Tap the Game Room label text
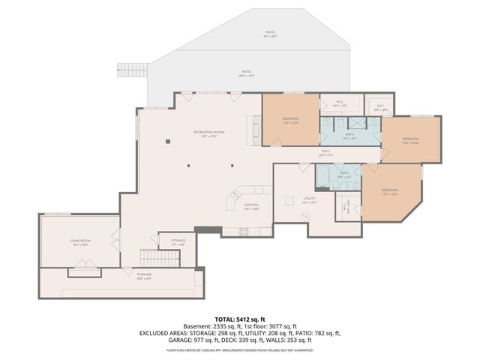[x=80, y=242]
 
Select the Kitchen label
[x=251, y=206]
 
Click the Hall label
[x=326, y=151]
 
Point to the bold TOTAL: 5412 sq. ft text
[x=239, y=319]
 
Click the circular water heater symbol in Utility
[x=306, y=217]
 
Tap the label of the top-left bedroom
[x=290, y=119]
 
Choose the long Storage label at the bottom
[x=144, y=275]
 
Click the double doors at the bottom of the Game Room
[x=78, y=268]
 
